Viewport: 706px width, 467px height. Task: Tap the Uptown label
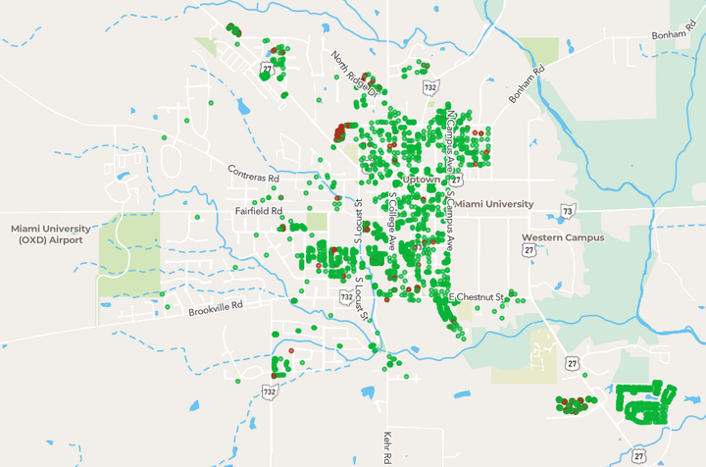(x=419, y=182)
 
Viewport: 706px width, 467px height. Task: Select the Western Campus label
(x=563, y=237)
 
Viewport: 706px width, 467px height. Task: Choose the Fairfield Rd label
(x=259, y=210)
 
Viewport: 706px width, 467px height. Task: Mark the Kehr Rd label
(x=387, y=445)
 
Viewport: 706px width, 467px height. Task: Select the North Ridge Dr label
(x=354, y=75)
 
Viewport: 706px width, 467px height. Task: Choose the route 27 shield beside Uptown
(x=457, y=179)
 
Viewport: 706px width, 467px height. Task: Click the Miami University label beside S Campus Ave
(x=495, y=204)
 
